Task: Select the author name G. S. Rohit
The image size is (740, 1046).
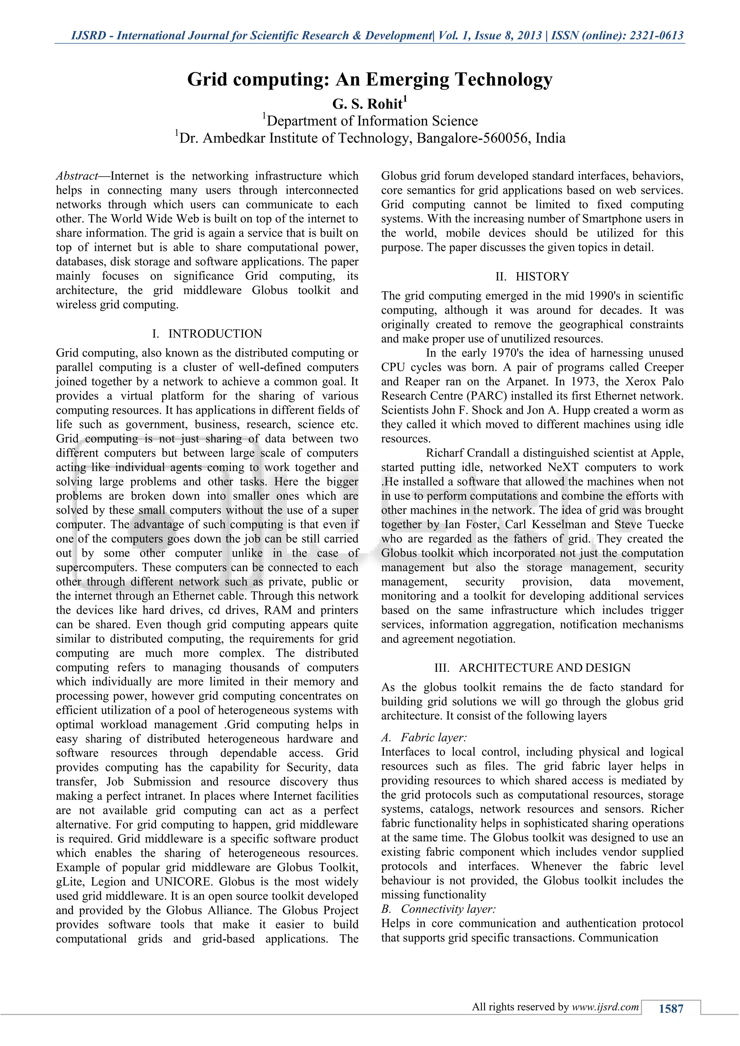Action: click(x=367, y=104)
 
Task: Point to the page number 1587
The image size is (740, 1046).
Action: click(x=671, y=1009)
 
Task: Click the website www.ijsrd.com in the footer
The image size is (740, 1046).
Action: click(x=605, y=1007)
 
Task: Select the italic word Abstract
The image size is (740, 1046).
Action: click(x=77, y=176)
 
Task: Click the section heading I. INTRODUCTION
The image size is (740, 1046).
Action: click(x=207, y=334)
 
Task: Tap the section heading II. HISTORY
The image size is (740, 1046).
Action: click(x=532, y=277)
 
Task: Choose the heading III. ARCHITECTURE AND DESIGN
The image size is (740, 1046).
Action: click(x=532, y=668)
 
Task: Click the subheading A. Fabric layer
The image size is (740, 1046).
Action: click(x=424, y=738)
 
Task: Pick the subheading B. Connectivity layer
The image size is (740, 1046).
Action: click(x=438, y=909)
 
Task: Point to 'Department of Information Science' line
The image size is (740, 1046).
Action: click(x=371, y=121)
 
